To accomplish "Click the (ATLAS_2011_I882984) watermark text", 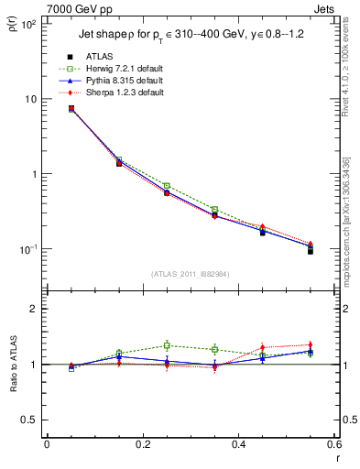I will [190, 274].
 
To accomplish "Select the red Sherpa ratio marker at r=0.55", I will [311, 344].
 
